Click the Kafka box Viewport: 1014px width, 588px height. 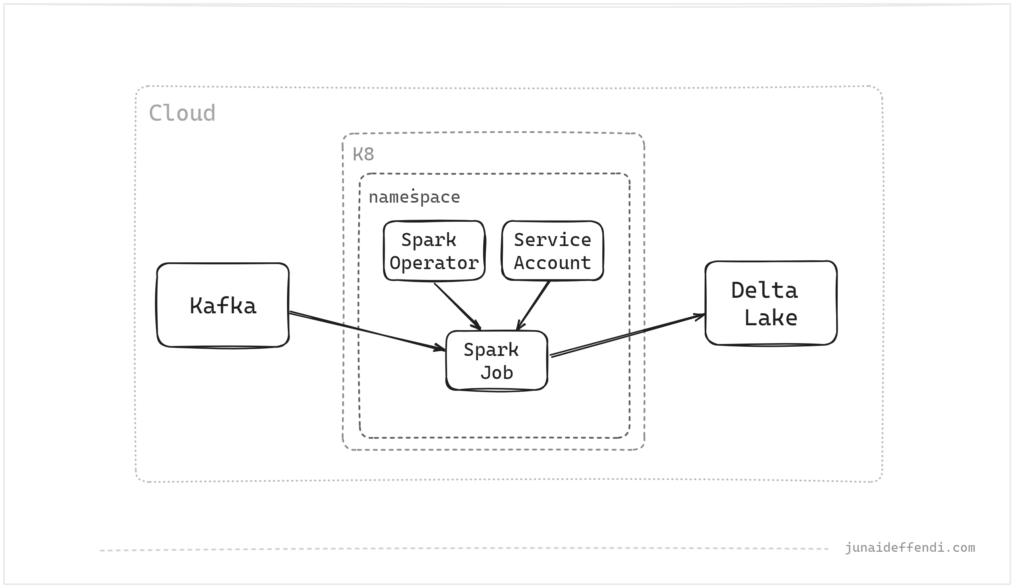click(223, 305)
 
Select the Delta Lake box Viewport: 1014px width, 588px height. click(771, 303)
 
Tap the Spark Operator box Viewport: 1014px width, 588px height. click(434, 251)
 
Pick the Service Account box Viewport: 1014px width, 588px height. click(552, 251)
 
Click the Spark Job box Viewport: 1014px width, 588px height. click(496, 361)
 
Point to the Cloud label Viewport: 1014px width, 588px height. click(182, 113)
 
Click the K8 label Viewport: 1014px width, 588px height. click(363, 154)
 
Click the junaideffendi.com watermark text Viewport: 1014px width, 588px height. click(909, 548)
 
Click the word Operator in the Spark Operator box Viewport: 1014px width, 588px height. click(434, 263)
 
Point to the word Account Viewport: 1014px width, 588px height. click(552, 263)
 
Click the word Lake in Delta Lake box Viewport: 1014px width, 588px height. click(770, 318)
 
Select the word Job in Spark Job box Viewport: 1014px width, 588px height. click(496, 373)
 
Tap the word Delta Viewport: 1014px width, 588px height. click(764, 291)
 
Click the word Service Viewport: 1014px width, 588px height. click(552, 240)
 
